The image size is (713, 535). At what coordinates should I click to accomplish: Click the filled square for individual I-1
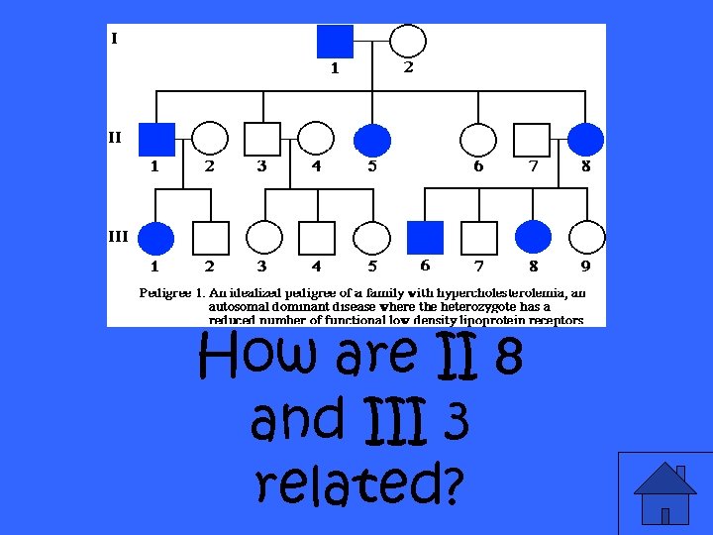click(x=335, y=41)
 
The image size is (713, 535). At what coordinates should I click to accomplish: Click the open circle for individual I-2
click(x=408, y=41)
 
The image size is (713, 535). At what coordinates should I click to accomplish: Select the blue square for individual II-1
click(x=156, y=140)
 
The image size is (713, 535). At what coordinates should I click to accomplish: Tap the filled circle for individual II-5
click(x=371, y=140)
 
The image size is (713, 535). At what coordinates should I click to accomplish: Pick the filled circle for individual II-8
click(x=586, y=140)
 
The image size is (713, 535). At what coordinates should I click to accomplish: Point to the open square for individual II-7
click(x=532, y=140)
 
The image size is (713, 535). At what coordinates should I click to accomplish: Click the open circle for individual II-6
click(x=478, y=140)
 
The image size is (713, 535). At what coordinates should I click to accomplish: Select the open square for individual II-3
click(x=263, y=140)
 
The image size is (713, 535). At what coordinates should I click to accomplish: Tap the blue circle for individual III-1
click(x=156, y=238)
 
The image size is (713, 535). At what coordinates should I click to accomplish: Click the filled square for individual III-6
click(x=426, y=238)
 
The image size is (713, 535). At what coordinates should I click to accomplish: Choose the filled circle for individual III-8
click(x=533, y=238)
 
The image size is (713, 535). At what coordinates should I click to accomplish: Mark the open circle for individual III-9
click(x=586, y=238)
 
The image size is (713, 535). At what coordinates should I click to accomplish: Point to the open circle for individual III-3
click(x=263, y=238)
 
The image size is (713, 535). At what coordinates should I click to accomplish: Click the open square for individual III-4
click(x=317, y=238)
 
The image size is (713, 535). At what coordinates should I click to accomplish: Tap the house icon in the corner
click(x=664, y=492)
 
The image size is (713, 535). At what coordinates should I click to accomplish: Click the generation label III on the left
click(x=118, y=236)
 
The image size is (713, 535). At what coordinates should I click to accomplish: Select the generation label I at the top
click(x=115, y=39)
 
